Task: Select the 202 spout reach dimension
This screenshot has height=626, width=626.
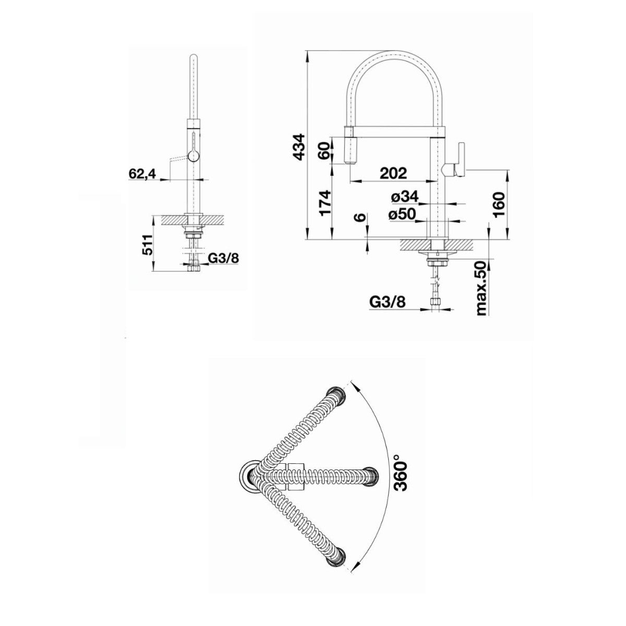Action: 393,173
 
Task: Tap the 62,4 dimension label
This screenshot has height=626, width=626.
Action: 142,174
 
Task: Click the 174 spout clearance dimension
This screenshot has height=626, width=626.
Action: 325,203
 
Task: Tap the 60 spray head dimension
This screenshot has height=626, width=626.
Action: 325,150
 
